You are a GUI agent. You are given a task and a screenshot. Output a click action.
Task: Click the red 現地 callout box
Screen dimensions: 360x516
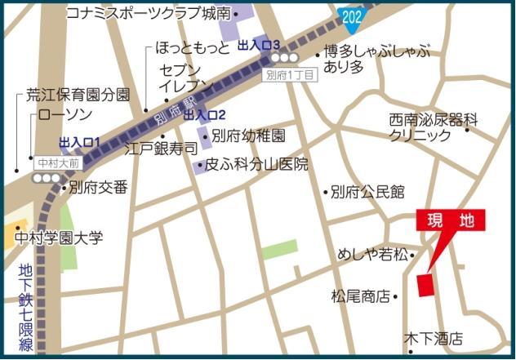coord(451,220)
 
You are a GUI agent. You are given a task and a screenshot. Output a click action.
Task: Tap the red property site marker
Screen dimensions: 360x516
coord(425,285)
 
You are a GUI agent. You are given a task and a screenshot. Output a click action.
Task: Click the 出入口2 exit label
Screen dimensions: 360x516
coord(204,115)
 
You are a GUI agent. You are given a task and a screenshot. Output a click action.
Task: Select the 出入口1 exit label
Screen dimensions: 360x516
coord(80,142)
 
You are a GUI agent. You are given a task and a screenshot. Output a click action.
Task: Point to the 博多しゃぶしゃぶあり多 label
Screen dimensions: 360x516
coord(376,60)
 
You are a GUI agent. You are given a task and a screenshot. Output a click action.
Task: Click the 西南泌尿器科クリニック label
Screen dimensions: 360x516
coord(433,127)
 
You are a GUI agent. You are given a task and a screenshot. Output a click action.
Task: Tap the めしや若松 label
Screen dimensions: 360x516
coord(371,255)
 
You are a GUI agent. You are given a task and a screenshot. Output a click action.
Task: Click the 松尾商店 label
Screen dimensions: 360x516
coord(359,296)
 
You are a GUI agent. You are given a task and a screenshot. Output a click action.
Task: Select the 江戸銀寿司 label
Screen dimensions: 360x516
coord(161,150)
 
